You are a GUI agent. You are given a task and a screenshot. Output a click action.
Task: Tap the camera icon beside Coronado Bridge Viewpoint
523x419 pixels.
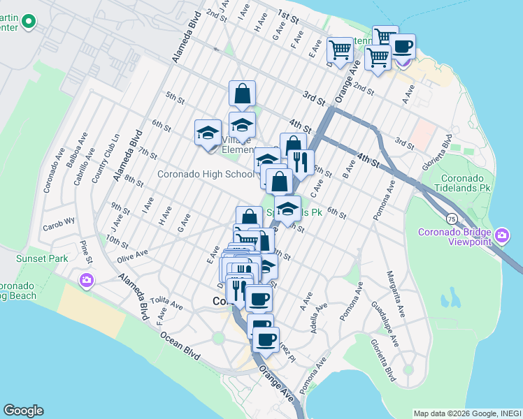(x=501, y=237)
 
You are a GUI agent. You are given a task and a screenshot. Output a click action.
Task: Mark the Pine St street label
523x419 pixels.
(x=86, y=252)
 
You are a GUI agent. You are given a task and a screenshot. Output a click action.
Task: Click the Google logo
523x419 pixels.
(x=23, y=411)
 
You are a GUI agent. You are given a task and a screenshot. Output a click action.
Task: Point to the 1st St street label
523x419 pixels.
(x=287, y=14)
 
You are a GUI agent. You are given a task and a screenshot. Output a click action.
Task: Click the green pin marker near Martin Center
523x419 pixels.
(x=29, y=22)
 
